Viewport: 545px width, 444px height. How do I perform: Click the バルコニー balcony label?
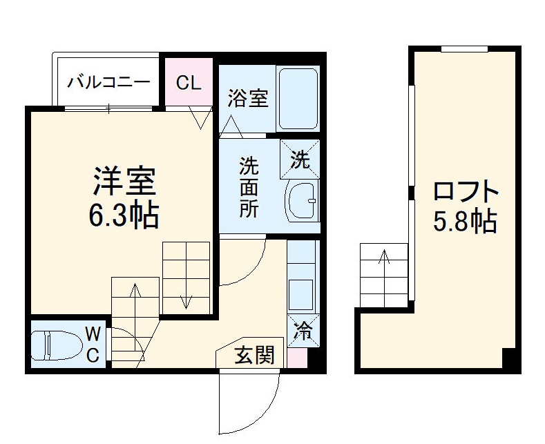[108, 83]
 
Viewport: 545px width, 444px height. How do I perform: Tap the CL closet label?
[188, 83]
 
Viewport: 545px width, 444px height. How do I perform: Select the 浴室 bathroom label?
[248, 99]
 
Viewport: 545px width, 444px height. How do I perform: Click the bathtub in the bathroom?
[297, 99]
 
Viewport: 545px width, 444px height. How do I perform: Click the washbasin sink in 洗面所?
[301, 201]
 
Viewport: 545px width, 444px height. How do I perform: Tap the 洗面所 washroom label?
[249, 188]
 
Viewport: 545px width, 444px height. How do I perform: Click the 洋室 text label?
[125, 181]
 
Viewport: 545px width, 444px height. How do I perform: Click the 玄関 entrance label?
[254, 356]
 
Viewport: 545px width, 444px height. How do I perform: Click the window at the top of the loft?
[464, 48]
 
